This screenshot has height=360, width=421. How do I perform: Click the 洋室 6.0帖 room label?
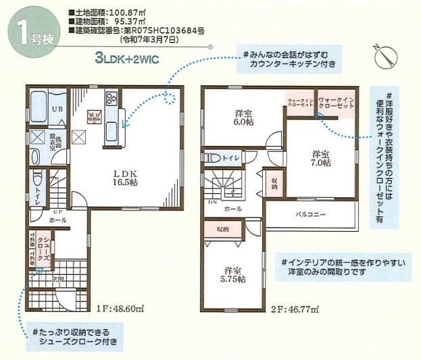coord(243,118)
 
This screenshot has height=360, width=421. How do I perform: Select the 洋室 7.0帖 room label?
coord(321,157)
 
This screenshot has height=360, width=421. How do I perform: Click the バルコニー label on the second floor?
coord(311,214)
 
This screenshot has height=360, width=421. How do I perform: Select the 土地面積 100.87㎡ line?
coord(119,13)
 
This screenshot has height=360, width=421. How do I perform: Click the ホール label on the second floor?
coord(234,209)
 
